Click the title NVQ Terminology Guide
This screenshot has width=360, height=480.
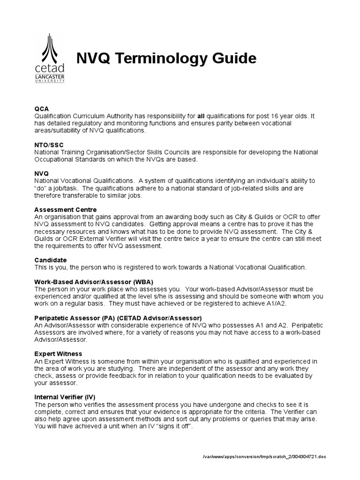tap(166, 59)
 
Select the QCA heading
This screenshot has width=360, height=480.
tap(42, 108)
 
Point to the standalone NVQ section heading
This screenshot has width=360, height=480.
tap(42, 173)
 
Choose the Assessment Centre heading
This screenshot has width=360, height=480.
tap(66, 210)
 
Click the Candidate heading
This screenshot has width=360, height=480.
tap(51, 260)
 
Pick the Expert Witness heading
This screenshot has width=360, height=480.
tap(58, 353)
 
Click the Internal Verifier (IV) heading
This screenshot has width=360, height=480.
tap(65, 397)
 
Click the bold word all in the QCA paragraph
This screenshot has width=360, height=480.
tap(201, 115)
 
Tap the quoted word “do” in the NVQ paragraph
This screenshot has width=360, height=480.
tap(41, 188)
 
